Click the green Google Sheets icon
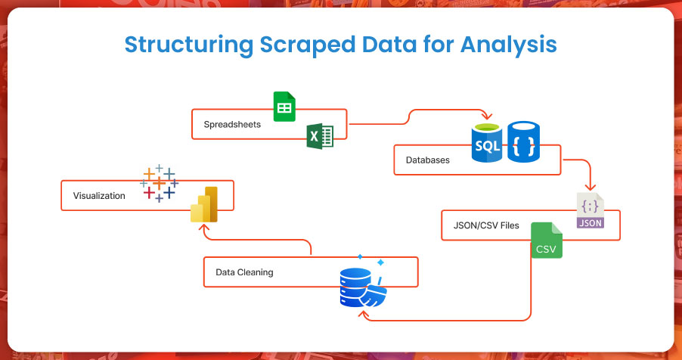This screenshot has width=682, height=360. pyautogui.click(x=284, y=107)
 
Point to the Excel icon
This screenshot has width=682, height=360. pyautogui.click(x=320, y=136)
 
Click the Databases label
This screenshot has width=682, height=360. pyautogui.click(x=428, y=160)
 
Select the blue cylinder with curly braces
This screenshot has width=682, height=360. pyautogui.click(x=524, y=141)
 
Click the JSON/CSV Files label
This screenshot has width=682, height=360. pyautogui.click(x=487, y=225)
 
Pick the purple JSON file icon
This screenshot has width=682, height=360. pyautogui.click(x=590, y=210)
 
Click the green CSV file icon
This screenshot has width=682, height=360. pyautogui.click(x=547, y=240)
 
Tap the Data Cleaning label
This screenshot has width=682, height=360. pyautogui.click(x=244, y=272)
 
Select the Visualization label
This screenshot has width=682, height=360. pyautogui.click(x=99, y=196)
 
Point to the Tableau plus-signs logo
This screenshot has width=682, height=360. pyautogui.click(x=160, y=182)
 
